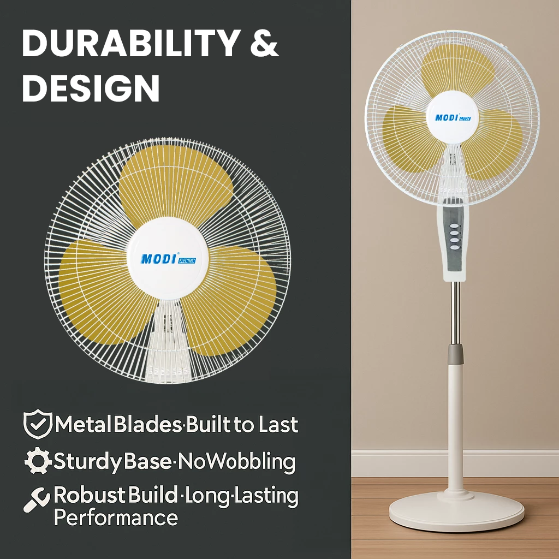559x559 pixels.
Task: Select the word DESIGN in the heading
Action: [x=91, y=87]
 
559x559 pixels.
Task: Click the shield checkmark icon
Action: [x=37, y=425]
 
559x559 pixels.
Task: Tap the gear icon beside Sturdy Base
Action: [x=38, y=462]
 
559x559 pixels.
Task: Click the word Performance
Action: [x=116, y=517]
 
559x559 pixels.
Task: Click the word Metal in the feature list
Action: [x=83, y=425]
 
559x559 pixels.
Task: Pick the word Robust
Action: [x=90, y=496]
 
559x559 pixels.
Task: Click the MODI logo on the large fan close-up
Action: [x=158, y=258]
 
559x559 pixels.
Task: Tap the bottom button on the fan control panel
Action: [x=454, y=247]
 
